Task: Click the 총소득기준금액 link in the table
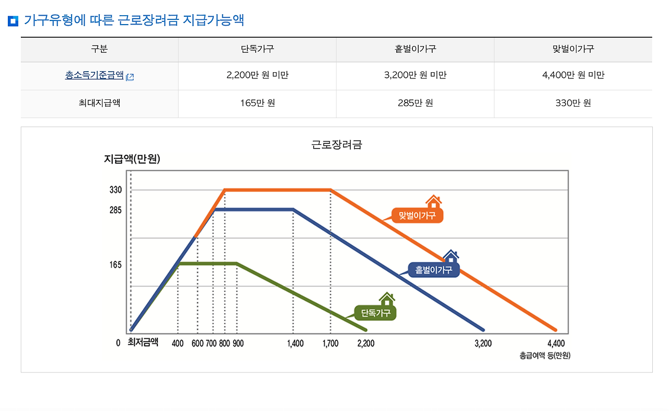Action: click(95, 75)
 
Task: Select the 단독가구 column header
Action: click(257, 49)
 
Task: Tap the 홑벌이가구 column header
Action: click(415, 49)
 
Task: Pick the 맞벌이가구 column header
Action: click(573, 49)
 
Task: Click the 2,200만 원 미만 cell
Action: click(257, 75)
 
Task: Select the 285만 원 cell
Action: click(415, 103)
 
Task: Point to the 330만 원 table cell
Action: click(573, 103)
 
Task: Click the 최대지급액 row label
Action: click(99, 103)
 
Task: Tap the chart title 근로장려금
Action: click(337, 145)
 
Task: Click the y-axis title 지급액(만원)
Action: click(132, 159)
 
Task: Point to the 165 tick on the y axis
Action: click(116, 265)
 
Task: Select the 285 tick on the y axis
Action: click(116, 210)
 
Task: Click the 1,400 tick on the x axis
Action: click(295, 344)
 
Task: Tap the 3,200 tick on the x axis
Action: click(483, 344)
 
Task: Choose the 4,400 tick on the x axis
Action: click(556, 344)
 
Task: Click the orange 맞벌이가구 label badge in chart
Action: click(417, 215)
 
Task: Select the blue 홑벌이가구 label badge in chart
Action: click(433, 270)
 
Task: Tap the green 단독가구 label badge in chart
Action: click(376, 313)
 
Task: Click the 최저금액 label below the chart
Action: click(143, 343)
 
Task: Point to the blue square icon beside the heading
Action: click(14, 21)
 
